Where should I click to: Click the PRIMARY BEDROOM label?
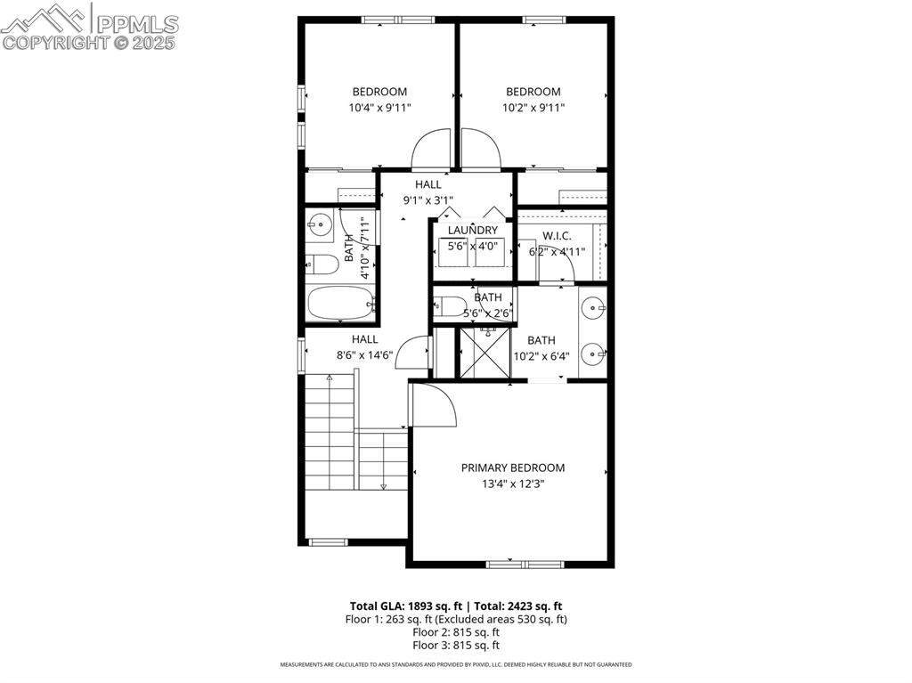tap(512, 468)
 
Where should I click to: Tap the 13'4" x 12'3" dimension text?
tap(512, 484)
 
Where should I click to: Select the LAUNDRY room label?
tap(473, 231)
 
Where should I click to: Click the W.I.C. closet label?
tap(557, 236)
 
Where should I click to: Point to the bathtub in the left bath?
tap(340, 304)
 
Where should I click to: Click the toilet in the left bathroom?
tap(322, 264)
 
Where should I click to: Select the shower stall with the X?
tap(484, 354)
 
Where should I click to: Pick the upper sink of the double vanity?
tap(593, 309)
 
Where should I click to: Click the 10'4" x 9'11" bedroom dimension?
tap(379, 108)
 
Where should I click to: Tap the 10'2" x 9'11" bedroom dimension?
tap(533, 108)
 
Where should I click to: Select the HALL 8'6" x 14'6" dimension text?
tap(364, 354)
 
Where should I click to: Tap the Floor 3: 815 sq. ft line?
tap(456, 646)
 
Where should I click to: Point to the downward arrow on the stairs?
tap(383, 485)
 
